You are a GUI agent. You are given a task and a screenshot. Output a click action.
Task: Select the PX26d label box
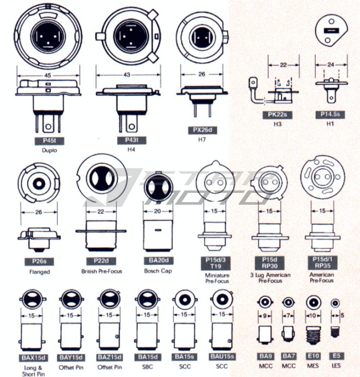click(x=202, y=131)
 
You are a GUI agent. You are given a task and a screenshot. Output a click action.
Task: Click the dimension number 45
click(x=47, y=75)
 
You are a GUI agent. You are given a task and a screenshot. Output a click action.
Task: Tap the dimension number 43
click(x=125, y=75)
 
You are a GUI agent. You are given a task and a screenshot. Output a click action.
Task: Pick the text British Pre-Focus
click(x=101, y=271)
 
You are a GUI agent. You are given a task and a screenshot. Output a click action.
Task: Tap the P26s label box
click(x=37, y=261)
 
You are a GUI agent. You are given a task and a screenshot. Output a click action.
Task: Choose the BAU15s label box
click(x=222, y=357)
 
